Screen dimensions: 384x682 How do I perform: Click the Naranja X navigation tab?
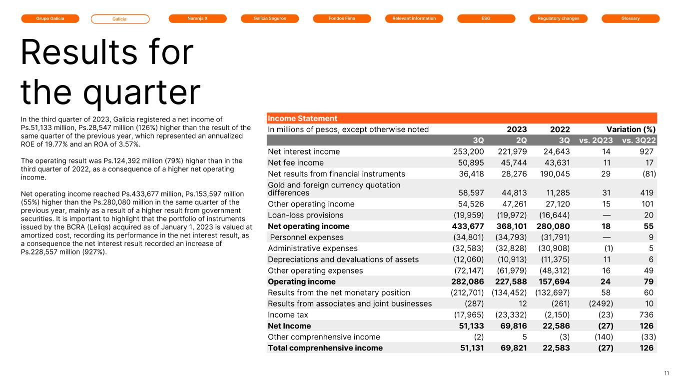pyautogui.click(x=197, y=18)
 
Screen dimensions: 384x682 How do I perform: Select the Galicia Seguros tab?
pyautogui.click(x=270, y=18)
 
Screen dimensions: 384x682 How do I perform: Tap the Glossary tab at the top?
pyautogui.click(x=631, y=18)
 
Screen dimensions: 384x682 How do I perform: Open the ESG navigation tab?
pyautogui.click(x=486, y=18)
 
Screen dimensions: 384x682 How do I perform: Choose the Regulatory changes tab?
pyautogui.click(x=559, y=18)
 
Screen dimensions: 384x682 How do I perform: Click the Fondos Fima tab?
pyautogui.click(x=342, y=18)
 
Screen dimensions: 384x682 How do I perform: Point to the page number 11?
pyautogui.click(x=667, y=373)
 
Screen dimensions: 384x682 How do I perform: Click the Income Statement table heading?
pyautogui.click(x=303, y=118)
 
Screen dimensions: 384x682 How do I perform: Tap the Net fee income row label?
pyautogui.click(x=296, y=162)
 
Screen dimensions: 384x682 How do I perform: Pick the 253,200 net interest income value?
pyautogui.click(x=468, y=151)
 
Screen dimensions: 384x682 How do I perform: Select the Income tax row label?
pyautogui.click(x=288, y=314)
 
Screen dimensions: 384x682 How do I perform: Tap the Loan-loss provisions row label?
pyautogui.click(x=306, y=215)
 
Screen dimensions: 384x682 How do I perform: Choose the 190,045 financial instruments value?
pyautogui.click(x=555, y=173)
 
